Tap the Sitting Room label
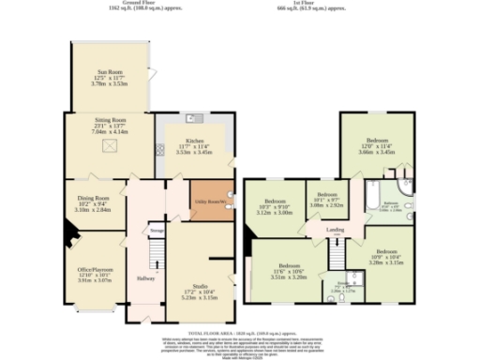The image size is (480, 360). [107, 127]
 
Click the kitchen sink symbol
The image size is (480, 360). [190, 120]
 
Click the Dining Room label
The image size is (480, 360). [94, 203]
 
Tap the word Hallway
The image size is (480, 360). [144, 278]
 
